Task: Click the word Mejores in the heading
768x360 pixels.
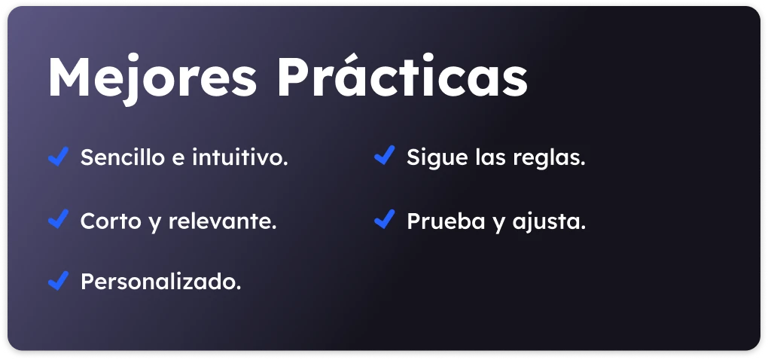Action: (x=152, y=79)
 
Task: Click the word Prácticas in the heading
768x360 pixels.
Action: (x=402, y=75)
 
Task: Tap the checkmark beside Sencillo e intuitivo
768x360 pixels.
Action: (x=58, y=156)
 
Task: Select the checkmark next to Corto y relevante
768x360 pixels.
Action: (x=58, y=218)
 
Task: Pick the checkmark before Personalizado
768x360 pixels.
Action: (x=58, y=281)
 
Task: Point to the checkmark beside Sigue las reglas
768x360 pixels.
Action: (x=385, y=155)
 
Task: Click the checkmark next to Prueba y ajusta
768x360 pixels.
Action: (x=385, y=219)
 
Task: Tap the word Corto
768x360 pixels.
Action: (x=104, y=221)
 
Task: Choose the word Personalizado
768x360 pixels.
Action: (x=160, y=282)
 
